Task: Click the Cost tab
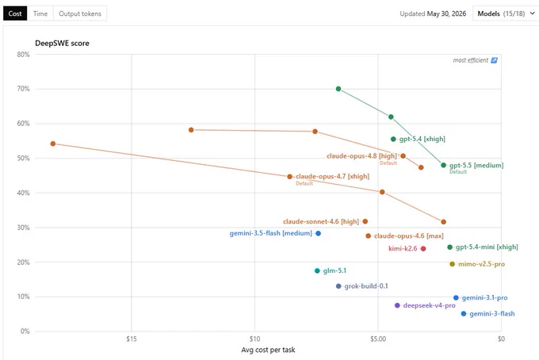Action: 15,13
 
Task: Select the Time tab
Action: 40,13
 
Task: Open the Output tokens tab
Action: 80,13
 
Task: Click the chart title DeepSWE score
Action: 62,44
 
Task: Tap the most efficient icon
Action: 494,60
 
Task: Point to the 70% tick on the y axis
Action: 23,89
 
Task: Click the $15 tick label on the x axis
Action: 132,339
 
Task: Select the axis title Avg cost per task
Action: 268,350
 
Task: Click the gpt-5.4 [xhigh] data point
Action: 394,140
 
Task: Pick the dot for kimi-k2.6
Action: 423,249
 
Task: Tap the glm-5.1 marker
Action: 317,271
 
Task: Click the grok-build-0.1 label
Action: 366,286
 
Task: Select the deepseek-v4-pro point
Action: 397,305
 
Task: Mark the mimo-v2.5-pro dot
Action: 452,264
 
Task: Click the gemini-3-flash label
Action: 492,313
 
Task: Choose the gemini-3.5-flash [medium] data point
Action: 319,233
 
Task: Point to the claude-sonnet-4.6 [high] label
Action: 321,222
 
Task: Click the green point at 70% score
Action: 338,89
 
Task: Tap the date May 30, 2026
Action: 446,13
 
